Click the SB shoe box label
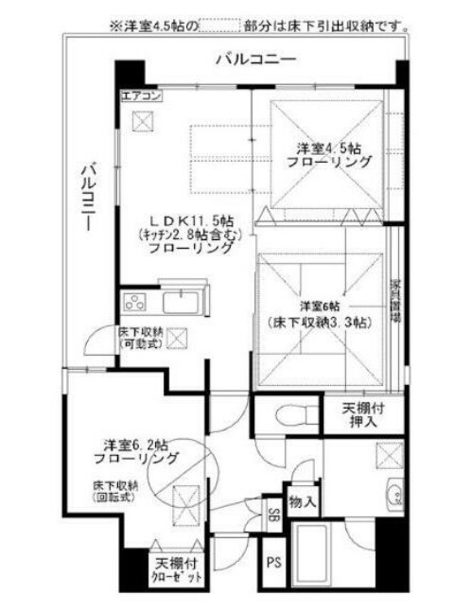click(x=272, y=515)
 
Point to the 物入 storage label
click(x=303, y=500)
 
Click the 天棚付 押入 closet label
click(x=359, y=415)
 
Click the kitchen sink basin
click(x=180, y=304)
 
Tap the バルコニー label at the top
click(x=255, y=60)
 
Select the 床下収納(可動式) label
click(x=141, y=339)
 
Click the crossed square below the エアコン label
click(x=143, y=120)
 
